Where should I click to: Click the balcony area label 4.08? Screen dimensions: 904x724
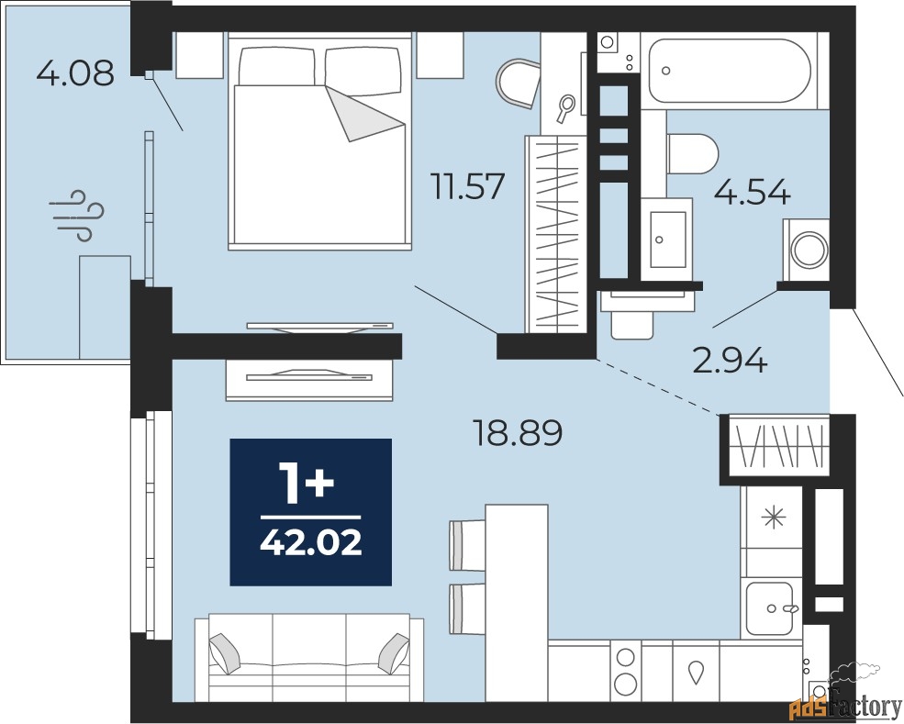[x=75, y=73]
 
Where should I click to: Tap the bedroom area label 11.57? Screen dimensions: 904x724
[x=469, y=187]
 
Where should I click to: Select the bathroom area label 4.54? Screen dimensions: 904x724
[x=752, y=192]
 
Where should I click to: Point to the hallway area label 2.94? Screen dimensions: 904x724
[x=730, y=361]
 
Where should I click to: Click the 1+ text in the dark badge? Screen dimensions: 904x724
[x=306, y=485]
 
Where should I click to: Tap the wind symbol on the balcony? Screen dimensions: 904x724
[x=80, y=216]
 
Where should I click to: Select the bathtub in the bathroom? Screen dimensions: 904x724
[x=730, y=70]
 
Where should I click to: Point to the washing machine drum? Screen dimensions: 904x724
[x=809, y=250]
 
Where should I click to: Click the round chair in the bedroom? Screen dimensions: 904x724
[x=518, y=84]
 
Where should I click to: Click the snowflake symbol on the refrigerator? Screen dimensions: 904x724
[x=774, y=518]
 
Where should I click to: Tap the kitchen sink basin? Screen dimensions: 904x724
[x=770, y=608]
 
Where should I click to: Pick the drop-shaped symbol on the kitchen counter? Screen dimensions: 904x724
[x=696, y=672]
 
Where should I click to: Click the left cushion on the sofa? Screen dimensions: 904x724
[x=224, y=653]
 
